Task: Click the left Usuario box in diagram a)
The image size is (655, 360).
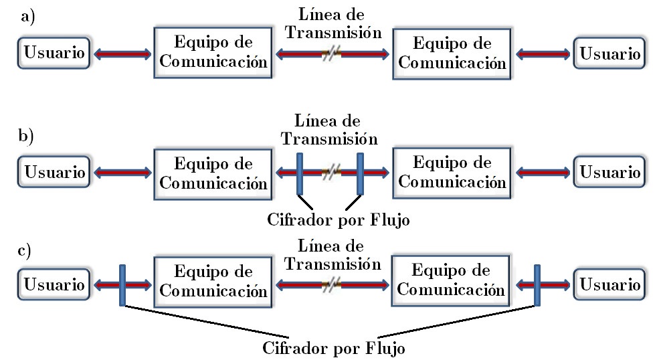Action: (x=54, y=54)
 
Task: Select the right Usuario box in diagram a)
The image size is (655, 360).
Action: (x=610, y=54)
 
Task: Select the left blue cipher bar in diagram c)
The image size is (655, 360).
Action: (x=122, y=284)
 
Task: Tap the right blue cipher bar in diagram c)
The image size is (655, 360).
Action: (x=538, y=284)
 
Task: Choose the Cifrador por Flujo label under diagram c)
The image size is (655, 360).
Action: (x=334, y=349)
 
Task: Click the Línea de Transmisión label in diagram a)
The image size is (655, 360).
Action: (x=331, y=24)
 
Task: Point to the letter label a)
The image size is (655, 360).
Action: (x=27, y=18)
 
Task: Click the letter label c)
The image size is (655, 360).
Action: (x=25, y=251)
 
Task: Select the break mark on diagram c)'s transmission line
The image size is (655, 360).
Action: (x=331, y=284)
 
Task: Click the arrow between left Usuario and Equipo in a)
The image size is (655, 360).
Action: (x=122, y=54)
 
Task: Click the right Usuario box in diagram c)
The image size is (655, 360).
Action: (x=610, y=284)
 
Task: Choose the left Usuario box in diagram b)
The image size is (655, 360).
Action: (x=54, y=173)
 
